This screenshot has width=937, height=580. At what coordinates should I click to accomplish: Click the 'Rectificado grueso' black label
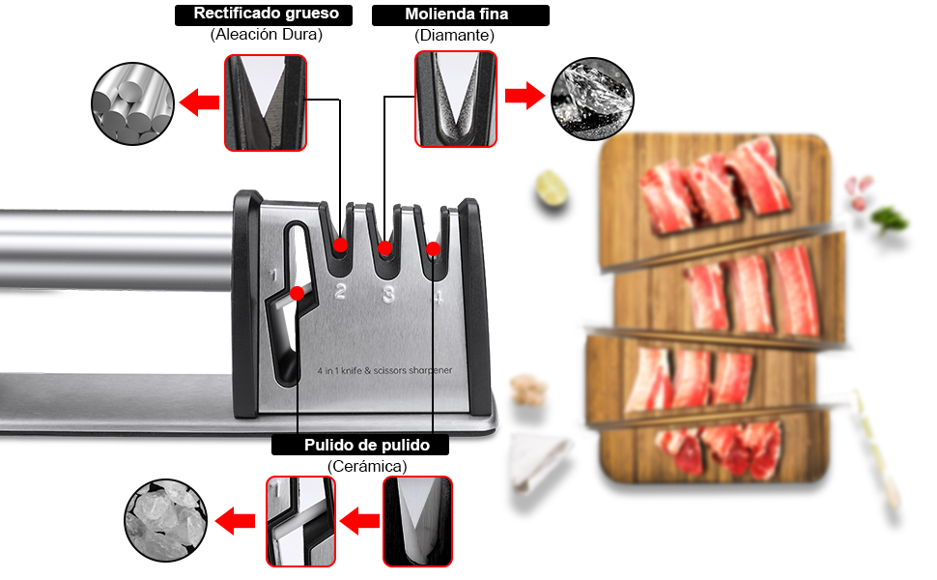(x=266, y=14)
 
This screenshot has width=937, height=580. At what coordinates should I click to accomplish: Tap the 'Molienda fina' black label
(x=460, y=14)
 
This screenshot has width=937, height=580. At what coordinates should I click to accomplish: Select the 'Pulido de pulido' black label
(x=362, y=445)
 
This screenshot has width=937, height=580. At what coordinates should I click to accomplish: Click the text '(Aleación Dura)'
(x=266, y=35)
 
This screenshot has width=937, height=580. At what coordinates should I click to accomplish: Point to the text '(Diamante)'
(x=455, y=35)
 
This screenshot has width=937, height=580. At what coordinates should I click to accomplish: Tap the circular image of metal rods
(x=132, y=102)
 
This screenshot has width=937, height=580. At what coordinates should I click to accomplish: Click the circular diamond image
(x=592, y=99)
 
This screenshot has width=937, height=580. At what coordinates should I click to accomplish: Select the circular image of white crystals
(x=165, y=522)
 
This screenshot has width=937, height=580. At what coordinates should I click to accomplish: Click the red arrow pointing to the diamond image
(x=525, y=97)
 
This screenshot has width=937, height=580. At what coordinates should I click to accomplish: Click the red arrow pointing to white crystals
(x=235, y=523)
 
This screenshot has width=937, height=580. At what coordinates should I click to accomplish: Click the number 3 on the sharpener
(x=388, y=295)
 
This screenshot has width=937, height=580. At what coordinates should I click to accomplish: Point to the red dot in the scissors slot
(x=298, y=292)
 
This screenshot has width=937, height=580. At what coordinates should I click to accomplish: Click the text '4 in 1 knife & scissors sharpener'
(x=384, y=370)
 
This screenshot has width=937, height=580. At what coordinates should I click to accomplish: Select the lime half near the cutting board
(x=552, y=189)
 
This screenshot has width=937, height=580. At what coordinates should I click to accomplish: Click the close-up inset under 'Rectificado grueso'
(x=266, y=102)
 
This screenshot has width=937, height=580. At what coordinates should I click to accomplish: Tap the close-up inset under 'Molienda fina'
(x=456, y=100)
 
